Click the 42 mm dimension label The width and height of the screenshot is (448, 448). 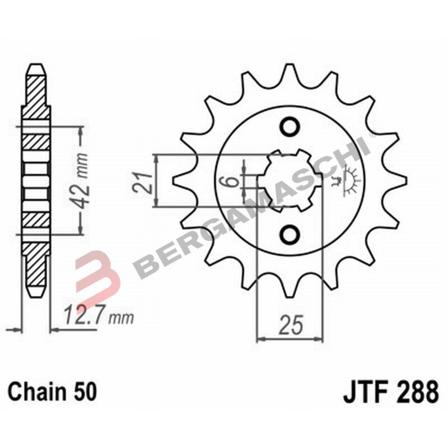click(x=83, y=179)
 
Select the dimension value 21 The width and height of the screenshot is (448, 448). click(x=144, y=182)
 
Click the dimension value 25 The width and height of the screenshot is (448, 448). click(x=291, y=325)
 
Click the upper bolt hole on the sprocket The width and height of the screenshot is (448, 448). click(x=290, y=127)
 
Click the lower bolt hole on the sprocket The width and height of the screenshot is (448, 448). click(x=290, y=234)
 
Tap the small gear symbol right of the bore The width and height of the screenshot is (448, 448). click(x=351, y=181)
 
